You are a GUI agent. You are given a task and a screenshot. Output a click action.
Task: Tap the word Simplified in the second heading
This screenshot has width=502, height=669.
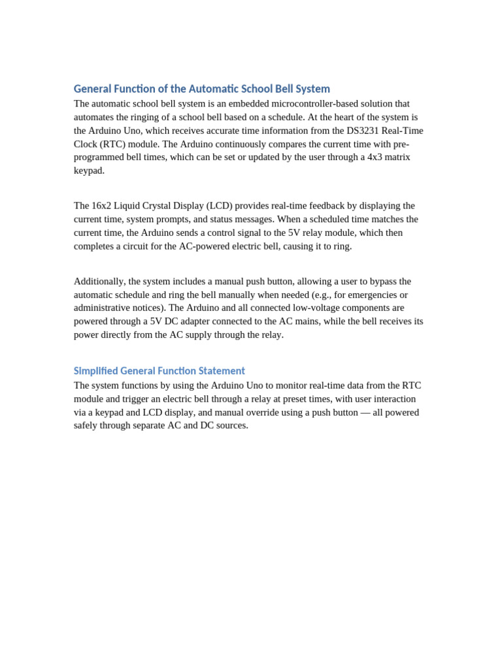[95, 371]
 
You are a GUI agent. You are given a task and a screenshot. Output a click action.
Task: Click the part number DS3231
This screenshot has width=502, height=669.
[362, 131]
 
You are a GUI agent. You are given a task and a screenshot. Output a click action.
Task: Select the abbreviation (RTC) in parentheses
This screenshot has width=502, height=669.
[114, 144]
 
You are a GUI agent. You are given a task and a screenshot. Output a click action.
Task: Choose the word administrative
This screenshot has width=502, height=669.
[105, 308]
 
